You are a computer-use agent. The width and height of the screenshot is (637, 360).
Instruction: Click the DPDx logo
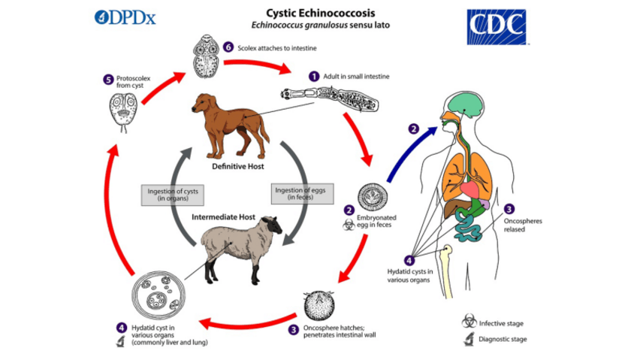coord(125,17)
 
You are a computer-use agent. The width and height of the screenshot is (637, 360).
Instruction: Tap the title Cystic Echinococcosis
coord(318,13)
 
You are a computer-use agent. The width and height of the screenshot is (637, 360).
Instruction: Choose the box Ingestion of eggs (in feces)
coord(295,194)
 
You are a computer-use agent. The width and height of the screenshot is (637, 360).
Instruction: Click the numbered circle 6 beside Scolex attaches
coord(231,48)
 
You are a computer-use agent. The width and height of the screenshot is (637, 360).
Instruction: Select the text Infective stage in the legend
coord(501,323)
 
